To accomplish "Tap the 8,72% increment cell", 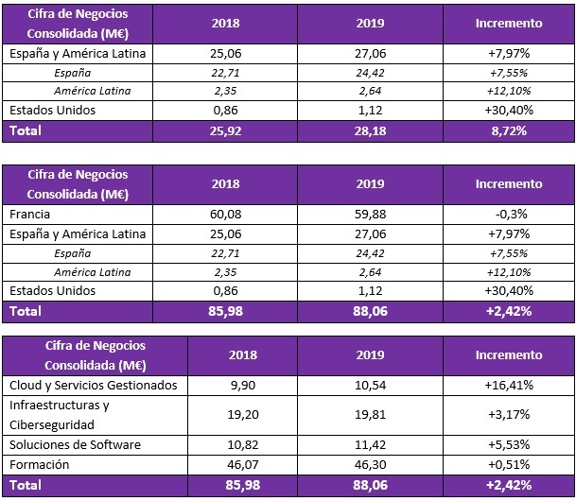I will pos(509,130).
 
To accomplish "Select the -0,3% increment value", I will pos(509,215).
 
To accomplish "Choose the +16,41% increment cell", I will pos(509,386).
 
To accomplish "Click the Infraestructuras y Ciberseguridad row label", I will pos(59,413).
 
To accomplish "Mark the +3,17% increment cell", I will pos(509,413).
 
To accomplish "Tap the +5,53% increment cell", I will pos(509,443).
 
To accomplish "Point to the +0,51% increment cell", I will pos(509,465).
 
